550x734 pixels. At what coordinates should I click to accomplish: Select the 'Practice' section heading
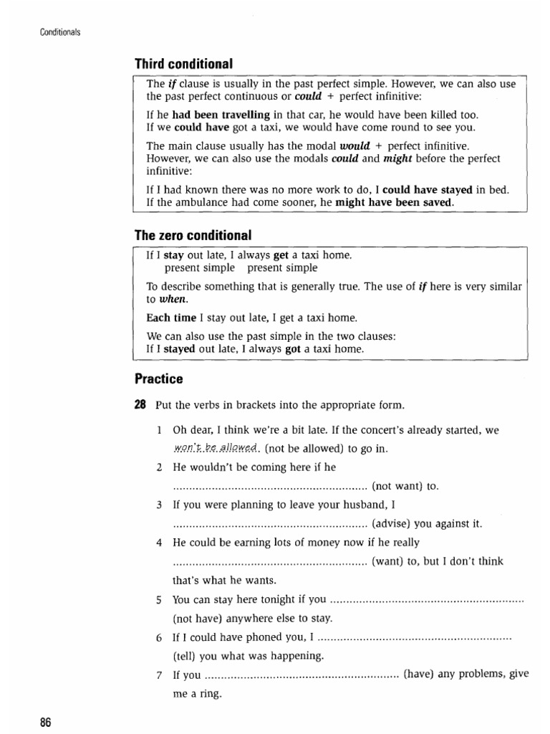pyautogui.click(x=159, y=378)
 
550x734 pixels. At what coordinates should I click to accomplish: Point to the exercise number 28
pyautogui.click(x=140, y=405)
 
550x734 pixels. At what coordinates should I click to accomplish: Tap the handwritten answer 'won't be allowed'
pyautogui.click(x=216, y=448)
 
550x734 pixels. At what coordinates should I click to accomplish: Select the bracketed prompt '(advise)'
pyautogui.click(x=393, y=523)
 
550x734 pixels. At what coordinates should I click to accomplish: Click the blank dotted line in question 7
pyautogui.click(x=301, y=675)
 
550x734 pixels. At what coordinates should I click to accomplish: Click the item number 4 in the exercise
pyautogui.click(x=159, y=543)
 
